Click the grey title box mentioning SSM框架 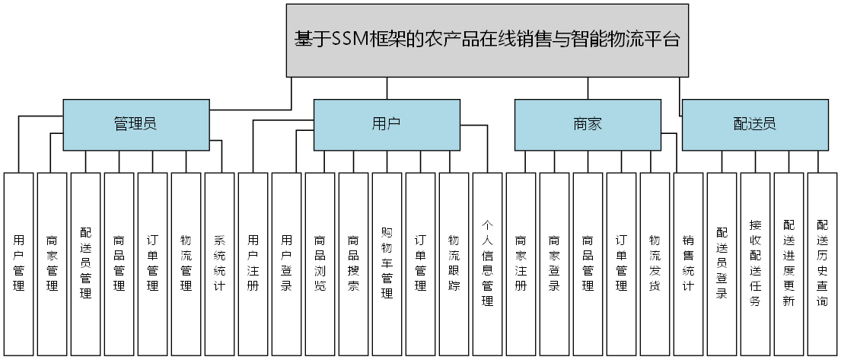(x=487, y=40)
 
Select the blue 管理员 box (x=135, y=124)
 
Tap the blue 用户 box (x=387, y=124)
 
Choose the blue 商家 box (x=588, y=124)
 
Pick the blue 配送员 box (x=755, y=124)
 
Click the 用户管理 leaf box (x=19, y=263)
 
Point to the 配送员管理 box (x=86, y=263)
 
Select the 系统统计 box (x=220, y=263)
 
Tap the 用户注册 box (x=253, y=263)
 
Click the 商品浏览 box (x=320, y=263)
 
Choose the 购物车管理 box (x=387, y=263)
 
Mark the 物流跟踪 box (x=454, y=263)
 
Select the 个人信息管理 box (x=488, y=263)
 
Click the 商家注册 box (x=521, y=263)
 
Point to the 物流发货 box (x=655, y=263)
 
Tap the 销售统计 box (x=689, y=263)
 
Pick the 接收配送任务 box (x=756, y=263)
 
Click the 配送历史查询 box (x=823, y=263)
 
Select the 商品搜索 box (x=354, y=263)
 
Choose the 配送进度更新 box (x=789, y=263)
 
